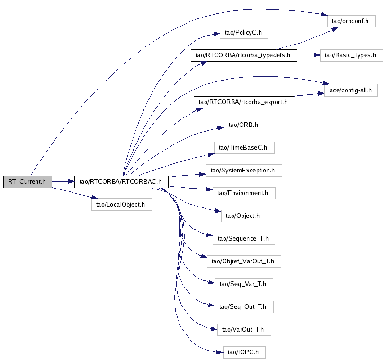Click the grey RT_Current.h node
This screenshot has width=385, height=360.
(27, 181)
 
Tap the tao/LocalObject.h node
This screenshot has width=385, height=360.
(121, 205)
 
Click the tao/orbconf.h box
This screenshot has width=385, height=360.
(351, 21)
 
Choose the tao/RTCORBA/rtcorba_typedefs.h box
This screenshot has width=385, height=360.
(243, 55)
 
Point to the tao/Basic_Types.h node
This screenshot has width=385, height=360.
(351, 55)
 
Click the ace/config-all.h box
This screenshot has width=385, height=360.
(350, 90)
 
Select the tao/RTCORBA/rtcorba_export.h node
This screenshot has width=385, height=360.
(243, 102)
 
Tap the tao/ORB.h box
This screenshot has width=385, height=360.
(243, 125)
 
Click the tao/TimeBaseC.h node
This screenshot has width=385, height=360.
(244, 148)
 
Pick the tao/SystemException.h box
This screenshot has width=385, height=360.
(244, 170)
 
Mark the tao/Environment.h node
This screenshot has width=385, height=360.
(243, 193)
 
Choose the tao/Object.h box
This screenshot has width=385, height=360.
(244, 216)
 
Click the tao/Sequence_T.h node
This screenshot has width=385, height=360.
(244, 238)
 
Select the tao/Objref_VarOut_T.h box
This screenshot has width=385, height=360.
(244, 261)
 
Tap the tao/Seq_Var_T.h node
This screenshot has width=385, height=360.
(244, 284)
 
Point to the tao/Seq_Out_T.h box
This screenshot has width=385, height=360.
(244, 306)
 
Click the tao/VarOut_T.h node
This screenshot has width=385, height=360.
(244, 329)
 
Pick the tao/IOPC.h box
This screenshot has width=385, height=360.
(244, 352)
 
